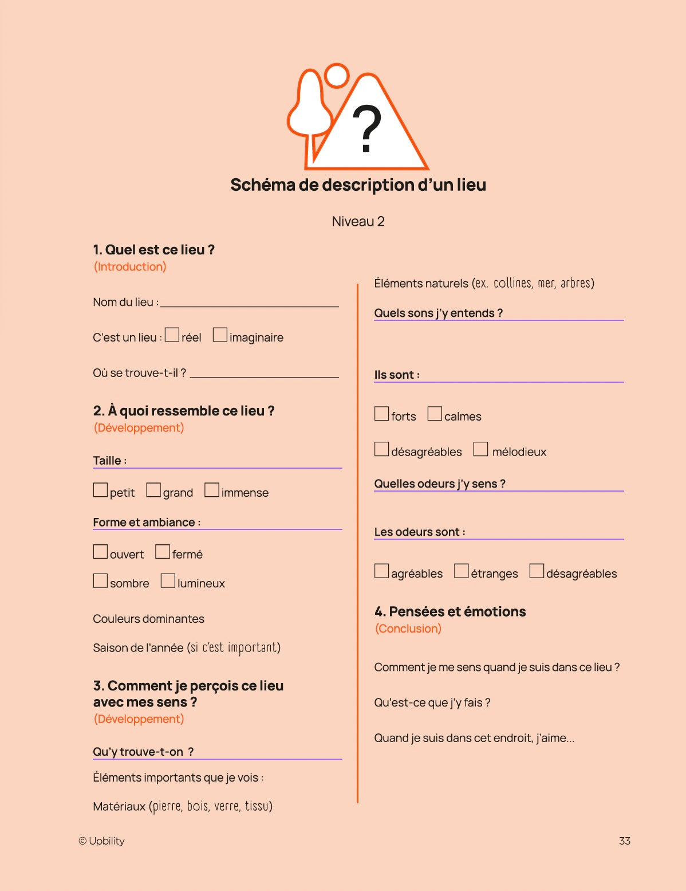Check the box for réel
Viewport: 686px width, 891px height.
click(x=172, y=335)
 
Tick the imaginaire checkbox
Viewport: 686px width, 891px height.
click(x=220, y=335)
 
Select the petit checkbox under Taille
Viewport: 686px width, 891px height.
click(x=100, y=490)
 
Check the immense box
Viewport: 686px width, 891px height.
click(x=212, y=490)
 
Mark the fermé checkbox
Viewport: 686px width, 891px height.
click(x=163, y=552)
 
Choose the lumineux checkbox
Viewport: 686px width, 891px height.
click(x=168, y=580)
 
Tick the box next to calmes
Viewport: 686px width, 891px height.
click(x=435, y=414)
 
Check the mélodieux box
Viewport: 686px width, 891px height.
click(x=480, y=449)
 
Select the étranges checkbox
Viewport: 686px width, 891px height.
click(x=462, y=571)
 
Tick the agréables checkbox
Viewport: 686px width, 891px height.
click(x=381, y=571)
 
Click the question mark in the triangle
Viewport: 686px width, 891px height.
click(x=366, y=129)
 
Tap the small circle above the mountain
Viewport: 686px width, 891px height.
click(x=337, y=76)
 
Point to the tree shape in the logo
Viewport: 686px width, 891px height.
click(x=310, y=109)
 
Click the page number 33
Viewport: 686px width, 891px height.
click(x=624, y=841)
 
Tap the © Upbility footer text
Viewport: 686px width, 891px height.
click(x=101, y=841)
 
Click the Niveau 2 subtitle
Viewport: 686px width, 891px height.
click(x=358, y=222)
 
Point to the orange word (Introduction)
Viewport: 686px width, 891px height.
click(x=130, y=266)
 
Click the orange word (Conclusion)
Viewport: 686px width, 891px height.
click(x=408, y=629)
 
